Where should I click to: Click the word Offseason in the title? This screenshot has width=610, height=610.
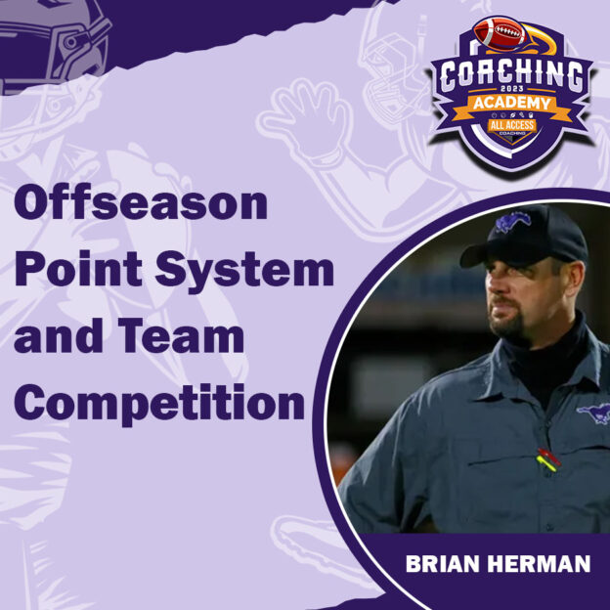[141, 205]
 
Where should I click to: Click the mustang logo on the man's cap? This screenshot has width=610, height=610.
[512, 223]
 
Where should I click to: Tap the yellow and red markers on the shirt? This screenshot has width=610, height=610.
[547, 458]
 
